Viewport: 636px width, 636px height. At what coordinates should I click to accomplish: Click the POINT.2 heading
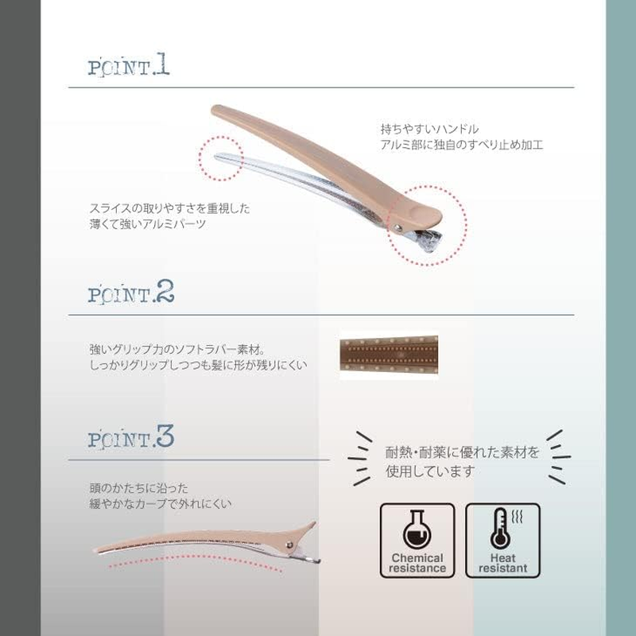131,292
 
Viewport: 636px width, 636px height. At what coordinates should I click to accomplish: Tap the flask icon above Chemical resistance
417,529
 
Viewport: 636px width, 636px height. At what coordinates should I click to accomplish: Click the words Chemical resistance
417,563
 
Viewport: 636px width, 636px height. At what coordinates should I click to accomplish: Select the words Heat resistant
503,563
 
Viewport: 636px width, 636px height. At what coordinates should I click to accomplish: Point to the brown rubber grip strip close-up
389,354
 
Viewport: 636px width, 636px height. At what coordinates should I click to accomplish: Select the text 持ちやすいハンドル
429,130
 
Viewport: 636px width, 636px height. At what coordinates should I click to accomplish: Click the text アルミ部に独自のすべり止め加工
462,145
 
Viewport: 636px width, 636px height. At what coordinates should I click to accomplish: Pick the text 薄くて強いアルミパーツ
148,224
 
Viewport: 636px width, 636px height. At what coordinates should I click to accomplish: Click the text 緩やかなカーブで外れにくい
161,504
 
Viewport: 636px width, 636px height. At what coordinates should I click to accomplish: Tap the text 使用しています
430,471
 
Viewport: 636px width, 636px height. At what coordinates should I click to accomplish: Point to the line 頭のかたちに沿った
138,488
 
